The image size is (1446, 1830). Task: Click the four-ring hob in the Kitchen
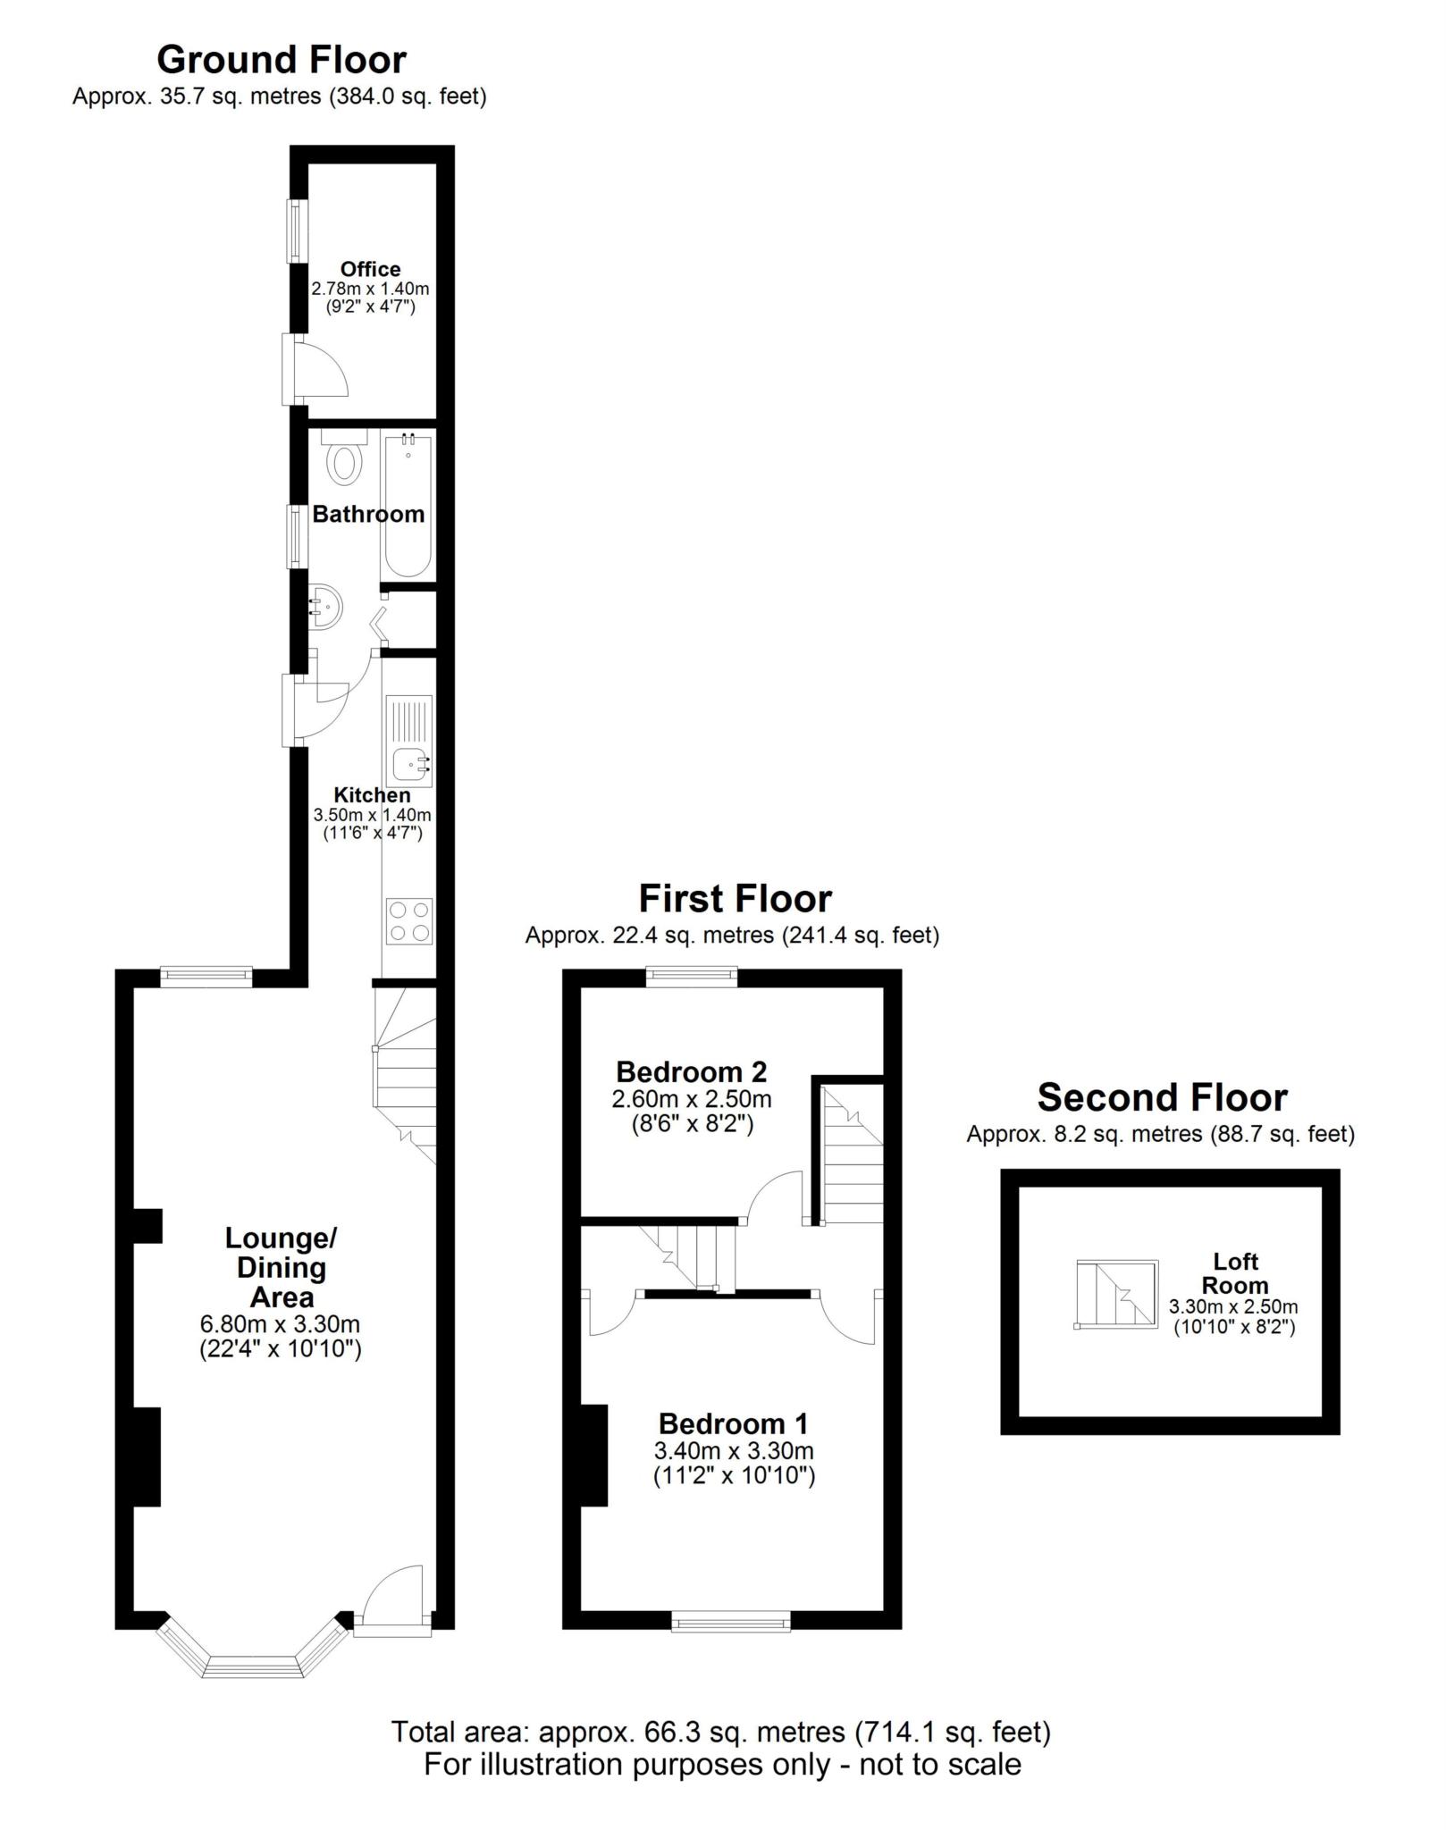409,921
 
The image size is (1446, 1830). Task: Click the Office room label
370,269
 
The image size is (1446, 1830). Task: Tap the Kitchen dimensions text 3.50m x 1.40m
372,815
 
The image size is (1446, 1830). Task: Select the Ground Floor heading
282,60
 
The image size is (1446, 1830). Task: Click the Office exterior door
313,368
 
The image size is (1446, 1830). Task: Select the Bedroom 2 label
692,1071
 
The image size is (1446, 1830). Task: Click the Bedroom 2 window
692,977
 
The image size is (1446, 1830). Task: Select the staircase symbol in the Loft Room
1117,1293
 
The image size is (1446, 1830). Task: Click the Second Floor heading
1162,1097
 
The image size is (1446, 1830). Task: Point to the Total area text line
721,1732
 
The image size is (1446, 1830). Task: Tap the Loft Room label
1235,1273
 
